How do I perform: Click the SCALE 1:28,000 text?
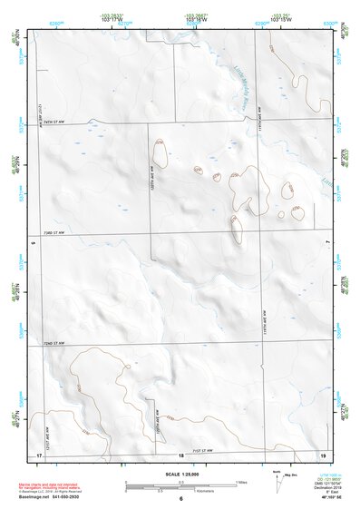pos(180,473)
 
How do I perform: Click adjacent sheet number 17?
pos(39,454)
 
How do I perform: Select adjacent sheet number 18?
pos(180,454)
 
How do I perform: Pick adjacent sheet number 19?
pos(323,454)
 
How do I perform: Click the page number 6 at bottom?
pos(180,499)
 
